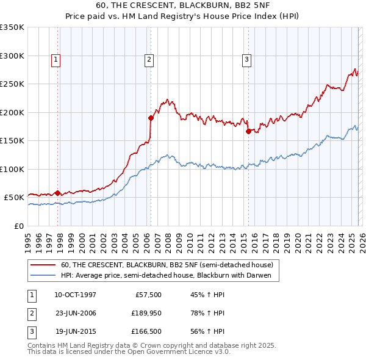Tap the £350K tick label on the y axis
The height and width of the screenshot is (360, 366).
pos(12,27)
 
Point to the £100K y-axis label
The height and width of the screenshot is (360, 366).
pos(12,169)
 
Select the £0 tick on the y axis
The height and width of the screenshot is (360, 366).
pos(19,226)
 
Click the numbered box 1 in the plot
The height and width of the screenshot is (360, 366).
pos(56,59)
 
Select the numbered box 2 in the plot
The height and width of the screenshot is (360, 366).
pos(149,59)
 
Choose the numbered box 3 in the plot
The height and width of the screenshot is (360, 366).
pos(246,59)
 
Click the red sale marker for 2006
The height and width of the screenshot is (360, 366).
pos(151,118)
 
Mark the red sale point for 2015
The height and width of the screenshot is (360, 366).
pos(248,131)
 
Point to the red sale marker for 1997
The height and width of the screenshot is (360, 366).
pos(58,193)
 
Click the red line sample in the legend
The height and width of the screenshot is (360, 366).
pos(44,265)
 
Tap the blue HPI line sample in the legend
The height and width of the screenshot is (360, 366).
pos(44,275)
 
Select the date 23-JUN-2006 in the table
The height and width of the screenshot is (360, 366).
pos(76,313)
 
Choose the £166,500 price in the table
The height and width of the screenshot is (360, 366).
pos(146,331)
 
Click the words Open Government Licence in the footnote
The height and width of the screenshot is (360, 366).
pos(174,352)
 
